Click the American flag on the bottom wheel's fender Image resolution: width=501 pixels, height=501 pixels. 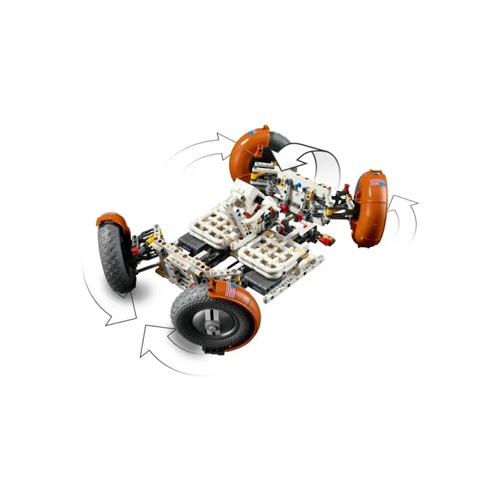[228, 291]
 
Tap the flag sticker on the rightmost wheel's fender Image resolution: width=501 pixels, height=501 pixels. [377, 183]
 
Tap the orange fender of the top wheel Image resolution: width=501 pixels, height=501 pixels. [247, 147]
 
